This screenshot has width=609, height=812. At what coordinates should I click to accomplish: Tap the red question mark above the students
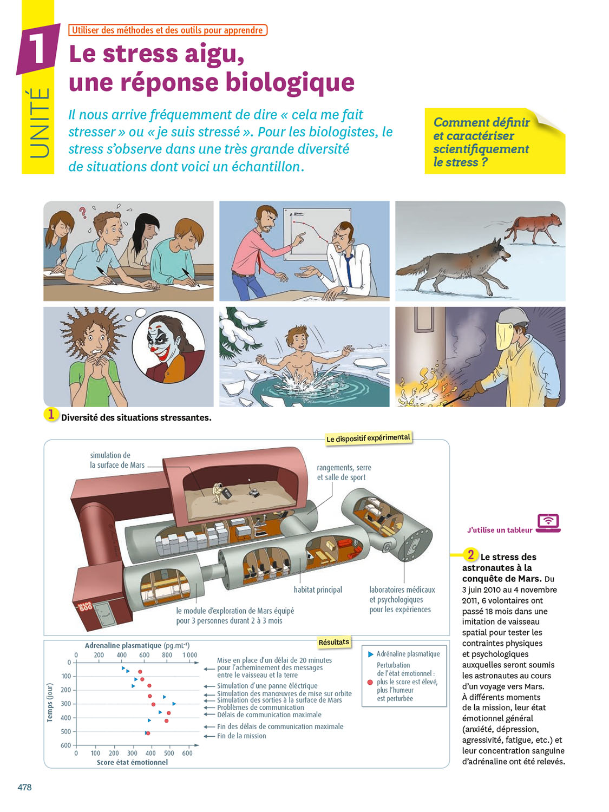click(x=83, y=212)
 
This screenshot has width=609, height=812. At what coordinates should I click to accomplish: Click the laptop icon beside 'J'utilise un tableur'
click(x=548, y=523)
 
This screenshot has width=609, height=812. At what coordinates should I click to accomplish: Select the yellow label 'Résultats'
click(x=333, y=642)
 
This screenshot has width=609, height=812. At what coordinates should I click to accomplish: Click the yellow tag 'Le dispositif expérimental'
click(x=368, y=438)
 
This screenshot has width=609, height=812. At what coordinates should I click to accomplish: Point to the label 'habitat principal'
click(x=318, y=590)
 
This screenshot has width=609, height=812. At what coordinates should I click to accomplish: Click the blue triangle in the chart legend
click(x=370, y=654)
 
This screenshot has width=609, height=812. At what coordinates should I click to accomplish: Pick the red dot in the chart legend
click(x=370, y=682)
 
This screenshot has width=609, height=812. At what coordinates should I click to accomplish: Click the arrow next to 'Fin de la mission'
click(x=209, y=736)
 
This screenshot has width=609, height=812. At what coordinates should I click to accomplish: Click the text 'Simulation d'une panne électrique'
click(x=267, y=685)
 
